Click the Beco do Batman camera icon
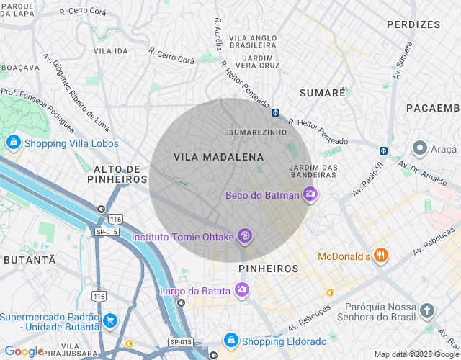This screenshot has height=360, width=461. (x=310, y=194)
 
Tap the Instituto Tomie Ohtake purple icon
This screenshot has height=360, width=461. (x=246, y=235)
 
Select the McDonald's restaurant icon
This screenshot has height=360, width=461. (x=382, y=256)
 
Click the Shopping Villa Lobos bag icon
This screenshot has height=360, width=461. (x=13, y=143)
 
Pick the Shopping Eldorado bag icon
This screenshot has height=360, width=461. (x=230, y=341)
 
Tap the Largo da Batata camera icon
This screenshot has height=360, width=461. (x=243, y=290)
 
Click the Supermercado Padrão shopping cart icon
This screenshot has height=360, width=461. (x=109, y=320)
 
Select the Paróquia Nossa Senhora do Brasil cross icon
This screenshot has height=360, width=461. (x=428, y=311)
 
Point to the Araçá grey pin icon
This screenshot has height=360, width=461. (x=421, y=148)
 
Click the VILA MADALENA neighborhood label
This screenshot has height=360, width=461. (x=218, y=157)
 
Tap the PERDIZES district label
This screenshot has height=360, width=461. (x=413, y=24)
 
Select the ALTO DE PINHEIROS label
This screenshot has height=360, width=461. (x=117, y=174)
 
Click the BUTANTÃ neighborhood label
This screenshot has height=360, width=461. (x=29, y=259)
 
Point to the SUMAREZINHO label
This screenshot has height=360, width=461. (x=257, y=132)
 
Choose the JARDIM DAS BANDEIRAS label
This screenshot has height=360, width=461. (x=313, y=172)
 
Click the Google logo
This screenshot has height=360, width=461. (x=24, y=351)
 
